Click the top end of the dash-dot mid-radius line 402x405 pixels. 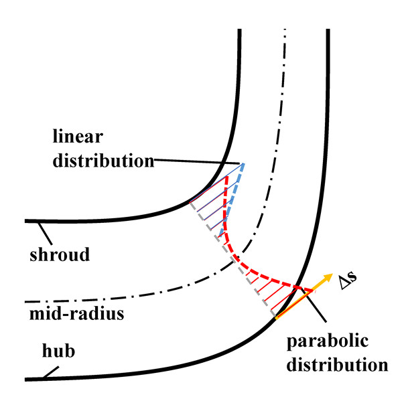click(x=285, y=30)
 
